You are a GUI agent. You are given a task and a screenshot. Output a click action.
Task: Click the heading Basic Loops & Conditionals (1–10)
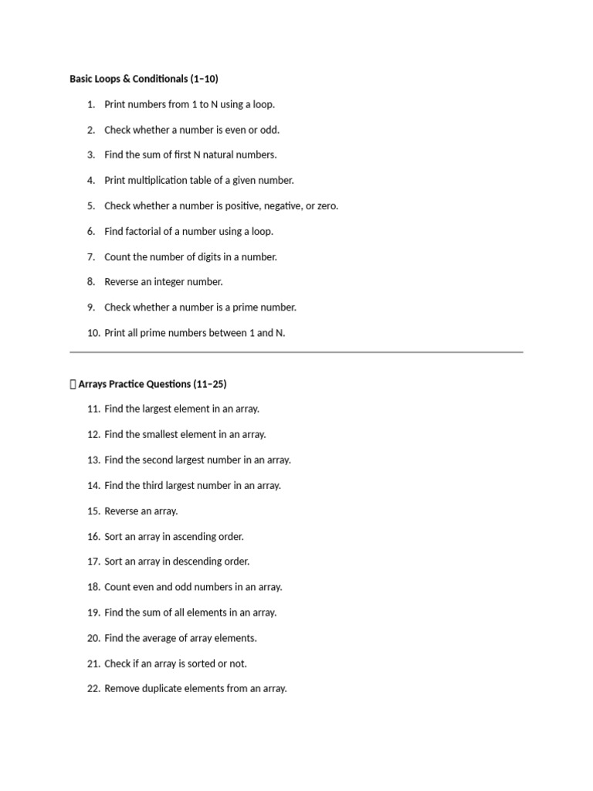point(144,79)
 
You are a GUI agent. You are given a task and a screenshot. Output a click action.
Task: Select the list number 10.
point(93,333)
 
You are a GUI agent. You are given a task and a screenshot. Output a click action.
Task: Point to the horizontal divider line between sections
point(296,352)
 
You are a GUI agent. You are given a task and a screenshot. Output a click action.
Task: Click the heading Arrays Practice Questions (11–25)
point(152,384)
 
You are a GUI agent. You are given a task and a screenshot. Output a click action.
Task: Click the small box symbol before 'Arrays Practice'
point(73,384)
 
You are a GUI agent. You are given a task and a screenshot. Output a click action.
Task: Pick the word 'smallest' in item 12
point(161,434)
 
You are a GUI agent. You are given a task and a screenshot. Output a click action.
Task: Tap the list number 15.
point(93,511)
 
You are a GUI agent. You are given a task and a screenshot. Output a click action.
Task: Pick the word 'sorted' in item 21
point(194,664)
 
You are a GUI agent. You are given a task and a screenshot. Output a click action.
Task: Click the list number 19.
point(93,613)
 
